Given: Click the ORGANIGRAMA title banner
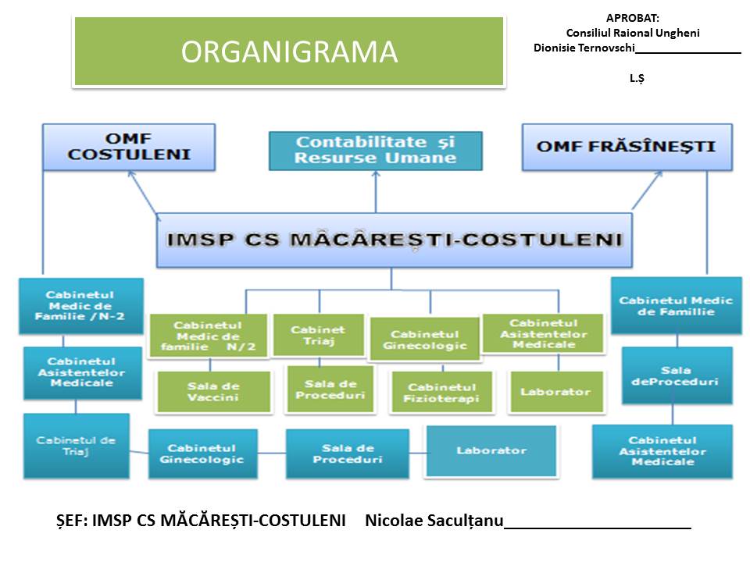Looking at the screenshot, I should point(289,52).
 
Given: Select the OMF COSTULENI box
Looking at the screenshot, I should point(129,147).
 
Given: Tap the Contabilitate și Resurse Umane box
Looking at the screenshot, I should point(375,150).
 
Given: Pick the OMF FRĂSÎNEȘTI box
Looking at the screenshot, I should point(627,147).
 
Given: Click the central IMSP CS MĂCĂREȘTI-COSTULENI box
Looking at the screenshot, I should point(395,240).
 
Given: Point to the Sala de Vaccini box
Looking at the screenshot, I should point(213,392).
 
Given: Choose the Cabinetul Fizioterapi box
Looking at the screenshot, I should point(441,393).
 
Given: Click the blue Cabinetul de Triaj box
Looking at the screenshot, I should point(75,446).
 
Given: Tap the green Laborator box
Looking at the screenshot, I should point(555,391).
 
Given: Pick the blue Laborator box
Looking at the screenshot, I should point(491,450).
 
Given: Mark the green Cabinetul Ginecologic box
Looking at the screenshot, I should point(424,340).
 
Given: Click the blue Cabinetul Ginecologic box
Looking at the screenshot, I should point(202,454).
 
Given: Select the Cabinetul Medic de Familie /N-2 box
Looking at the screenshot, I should point(80,306).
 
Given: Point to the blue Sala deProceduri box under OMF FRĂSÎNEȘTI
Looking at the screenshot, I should point(677,375).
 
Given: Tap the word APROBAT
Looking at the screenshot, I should point(633,18).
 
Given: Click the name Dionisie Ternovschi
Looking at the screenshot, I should point(584,48).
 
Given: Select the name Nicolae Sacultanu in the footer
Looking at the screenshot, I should point(434,521).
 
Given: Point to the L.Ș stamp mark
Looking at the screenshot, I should point(637,78).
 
